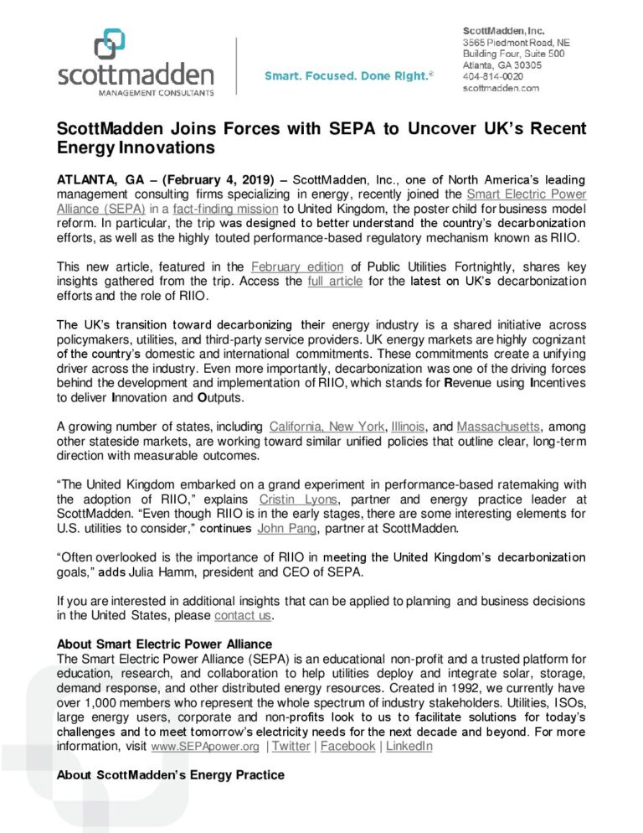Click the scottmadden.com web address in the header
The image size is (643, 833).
(502, 86)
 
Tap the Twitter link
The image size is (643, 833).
(291, 745)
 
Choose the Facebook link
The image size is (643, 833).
(347, 745)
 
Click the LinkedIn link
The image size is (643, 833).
(409, 745)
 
